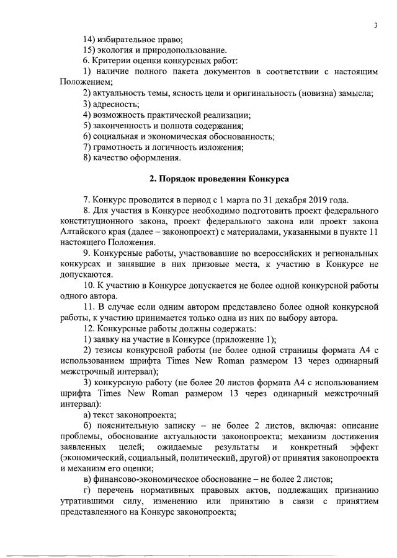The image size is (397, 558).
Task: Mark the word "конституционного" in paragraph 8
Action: tap(99, 221)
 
